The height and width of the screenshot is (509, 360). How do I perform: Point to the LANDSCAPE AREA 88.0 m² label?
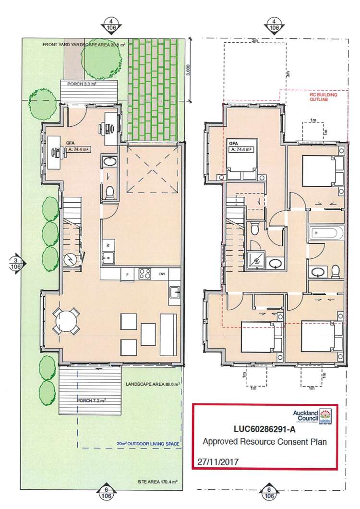point(152,384)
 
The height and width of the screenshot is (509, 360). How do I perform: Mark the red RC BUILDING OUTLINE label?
point(323,98)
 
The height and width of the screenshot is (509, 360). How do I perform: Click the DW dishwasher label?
point(162,274)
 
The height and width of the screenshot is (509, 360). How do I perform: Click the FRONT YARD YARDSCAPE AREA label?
point(84,44)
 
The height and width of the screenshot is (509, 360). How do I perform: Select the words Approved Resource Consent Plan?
point(264,442)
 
